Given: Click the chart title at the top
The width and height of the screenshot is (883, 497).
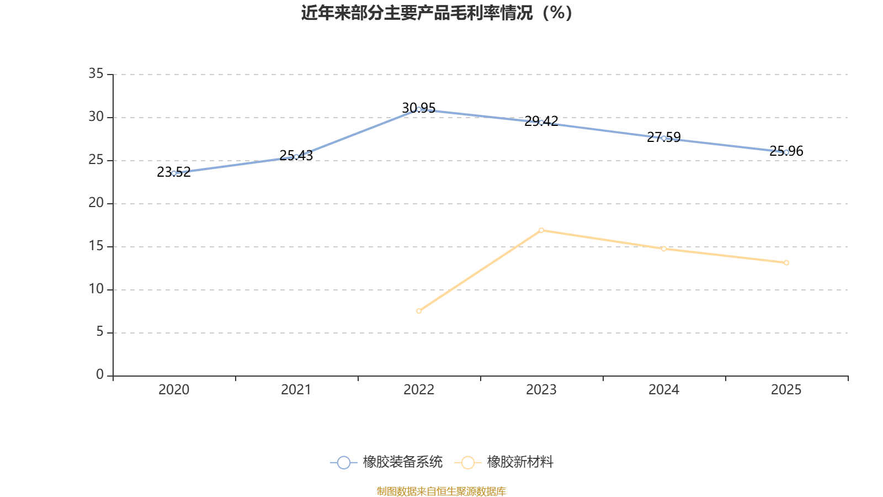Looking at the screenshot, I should click(437, 13).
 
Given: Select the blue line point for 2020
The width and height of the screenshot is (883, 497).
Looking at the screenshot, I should click(174, 173).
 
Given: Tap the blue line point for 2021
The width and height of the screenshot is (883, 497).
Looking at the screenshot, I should click(296, 157).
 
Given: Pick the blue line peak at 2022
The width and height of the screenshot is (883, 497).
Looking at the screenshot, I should click(419, 109).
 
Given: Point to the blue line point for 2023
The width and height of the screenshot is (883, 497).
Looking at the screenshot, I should click(541, 122).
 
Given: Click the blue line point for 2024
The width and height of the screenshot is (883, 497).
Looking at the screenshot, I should click(664, 138).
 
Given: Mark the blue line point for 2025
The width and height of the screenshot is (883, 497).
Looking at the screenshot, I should click(786, 152).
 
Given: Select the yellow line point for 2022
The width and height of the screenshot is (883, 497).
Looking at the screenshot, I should click(419, 311).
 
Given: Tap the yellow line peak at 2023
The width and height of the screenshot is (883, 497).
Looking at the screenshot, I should click(541, 230).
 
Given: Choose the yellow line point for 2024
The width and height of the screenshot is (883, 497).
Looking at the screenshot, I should click(664, 249).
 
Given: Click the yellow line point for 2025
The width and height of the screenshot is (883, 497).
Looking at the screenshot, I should click(786, 263).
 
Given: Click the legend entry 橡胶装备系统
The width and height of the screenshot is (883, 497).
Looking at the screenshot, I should click(387, 462).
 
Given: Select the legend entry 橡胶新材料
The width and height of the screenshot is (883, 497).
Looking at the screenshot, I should click(504, 462).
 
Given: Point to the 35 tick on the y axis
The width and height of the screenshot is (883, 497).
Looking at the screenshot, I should click(96, 73).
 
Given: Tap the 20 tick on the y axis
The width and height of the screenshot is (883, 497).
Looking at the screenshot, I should click(96, 203).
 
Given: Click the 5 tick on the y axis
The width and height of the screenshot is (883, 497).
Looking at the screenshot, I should click(100, 332).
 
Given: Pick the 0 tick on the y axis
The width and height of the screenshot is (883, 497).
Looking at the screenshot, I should click(100, 375).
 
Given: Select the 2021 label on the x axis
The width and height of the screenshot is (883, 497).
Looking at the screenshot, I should click(296, 390).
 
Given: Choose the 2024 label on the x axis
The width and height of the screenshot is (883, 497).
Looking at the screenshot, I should click(664, 390).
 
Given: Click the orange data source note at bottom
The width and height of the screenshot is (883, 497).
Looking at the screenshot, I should click(441, 491).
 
